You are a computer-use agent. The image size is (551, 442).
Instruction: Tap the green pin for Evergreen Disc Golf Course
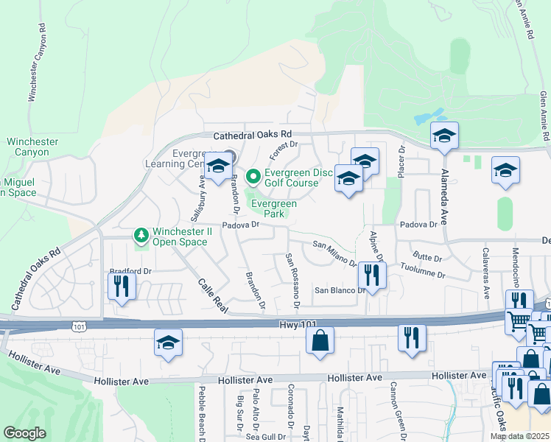click(253, 177)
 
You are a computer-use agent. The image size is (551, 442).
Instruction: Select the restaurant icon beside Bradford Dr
click(122, 286)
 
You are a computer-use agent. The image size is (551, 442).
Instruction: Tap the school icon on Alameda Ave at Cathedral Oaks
click(444, 136)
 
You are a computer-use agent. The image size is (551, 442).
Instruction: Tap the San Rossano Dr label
click(292, 281)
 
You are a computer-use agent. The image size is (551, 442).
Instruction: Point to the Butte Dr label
click(427, 259)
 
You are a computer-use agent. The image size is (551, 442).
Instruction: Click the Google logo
click(24, 433)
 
